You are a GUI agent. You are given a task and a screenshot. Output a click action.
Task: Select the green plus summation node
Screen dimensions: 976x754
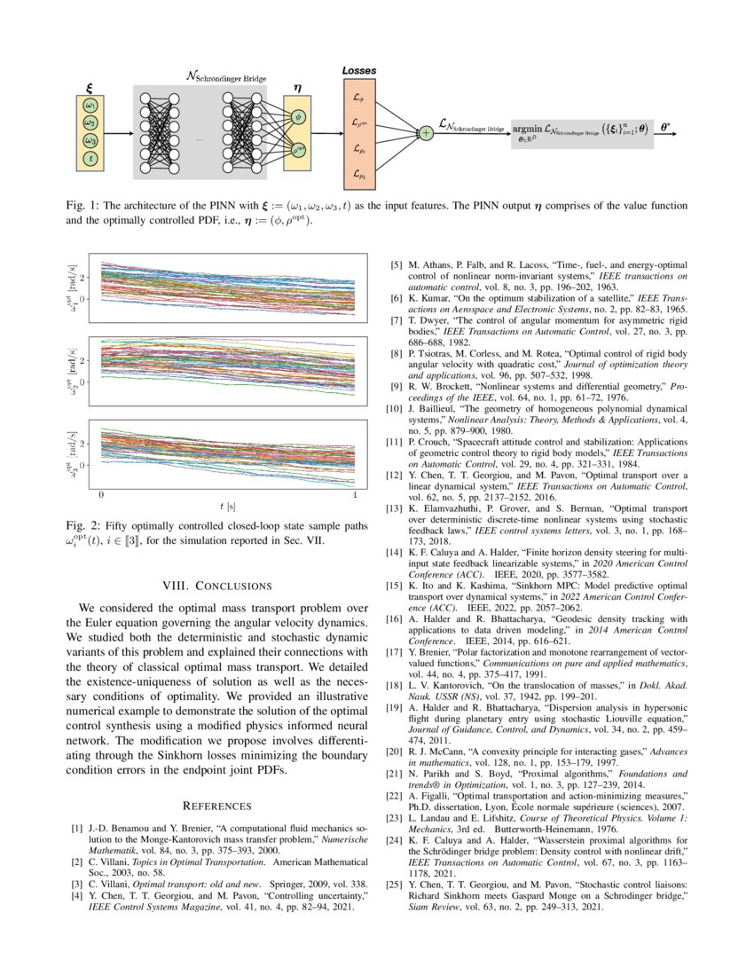[426, 132]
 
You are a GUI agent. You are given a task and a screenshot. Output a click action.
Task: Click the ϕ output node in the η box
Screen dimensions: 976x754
[298, 115]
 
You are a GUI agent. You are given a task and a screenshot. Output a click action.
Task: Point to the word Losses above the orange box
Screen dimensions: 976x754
[358, 70]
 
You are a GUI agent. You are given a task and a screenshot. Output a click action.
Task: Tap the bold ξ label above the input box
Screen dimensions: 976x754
[89, 87]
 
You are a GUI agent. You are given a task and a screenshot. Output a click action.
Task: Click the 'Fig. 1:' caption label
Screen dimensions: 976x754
[82, 206]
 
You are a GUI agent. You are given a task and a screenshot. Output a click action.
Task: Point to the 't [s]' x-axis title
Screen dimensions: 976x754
[227, 506]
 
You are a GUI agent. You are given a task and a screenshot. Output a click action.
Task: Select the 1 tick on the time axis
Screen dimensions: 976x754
[354, 493]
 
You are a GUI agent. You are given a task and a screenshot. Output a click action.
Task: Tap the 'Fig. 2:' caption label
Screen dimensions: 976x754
[82, 526]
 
